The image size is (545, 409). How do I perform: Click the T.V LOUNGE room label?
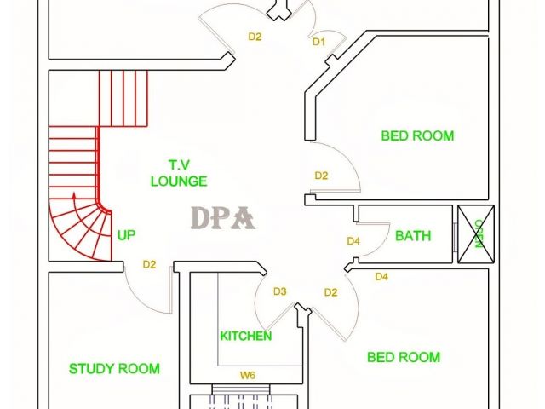pos(179,173)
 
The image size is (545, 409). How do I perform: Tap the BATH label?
pos(413,236)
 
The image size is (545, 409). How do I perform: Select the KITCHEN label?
pos(246,336)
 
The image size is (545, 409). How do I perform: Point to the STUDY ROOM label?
pos(114,368)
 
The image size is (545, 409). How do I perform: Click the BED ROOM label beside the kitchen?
pos(404,357)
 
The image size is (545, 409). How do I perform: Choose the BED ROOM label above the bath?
pos(417,135)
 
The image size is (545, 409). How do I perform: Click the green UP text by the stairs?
pos(126,235)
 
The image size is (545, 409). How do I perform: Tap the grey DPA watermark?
pos(223,218)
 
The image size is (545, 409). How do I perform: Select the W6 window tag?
pos(248,375)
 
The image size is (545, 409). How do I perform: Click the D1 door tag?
pos(318,42)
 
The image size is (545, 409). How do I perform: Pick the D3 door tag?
pos(280,291)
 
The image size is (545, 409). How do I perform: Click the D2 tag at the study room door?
pos(149,265)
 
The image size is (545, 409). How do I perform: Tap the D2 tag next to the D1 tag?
pos(255,37)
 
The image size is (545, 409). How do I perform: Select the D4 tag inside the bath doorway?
pos(353,241)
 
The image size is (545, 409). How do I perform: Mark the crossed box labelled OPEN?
pos(476,234)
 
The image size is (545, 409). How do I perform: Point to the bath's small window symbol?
pos(455,237)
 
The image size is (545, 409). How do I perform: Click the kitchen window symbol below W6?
pos(241,389)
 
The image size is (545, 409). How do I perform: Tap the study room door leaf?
pos(170,290)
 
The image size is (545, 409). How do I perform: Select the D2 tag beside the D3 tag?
pos(330,292)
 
